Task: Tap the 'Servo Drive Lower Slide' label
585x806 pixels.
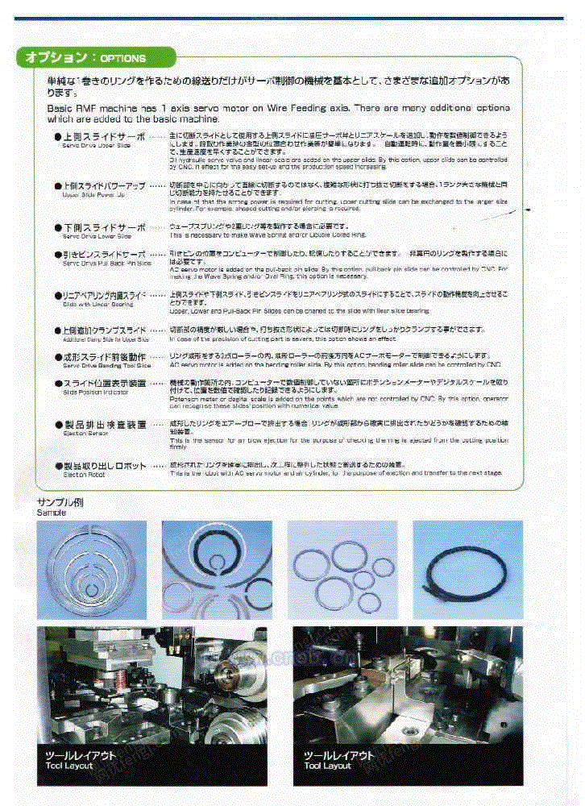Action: pyautogui.click(x=97, y=237)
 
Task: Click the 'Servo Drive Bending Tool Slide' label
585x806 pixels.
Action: pyautogui.click(x=106, y=365)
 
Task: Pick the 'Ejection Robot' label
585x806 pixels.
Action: pyautogui.click(x=84, y=475)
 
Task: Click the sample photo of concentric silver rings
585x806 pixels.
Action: pyautogui.click(x=92, y=568)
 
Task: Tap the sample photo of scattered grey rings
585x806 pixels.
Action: pyautogui.click(x=342, y=568)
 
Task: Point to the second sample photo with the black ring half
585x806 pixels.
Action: pyautogui.click(x=217, y=568)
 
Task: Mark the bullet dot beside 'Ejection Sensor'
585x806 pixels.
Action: pyautogui.click(x=58, y=424)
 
